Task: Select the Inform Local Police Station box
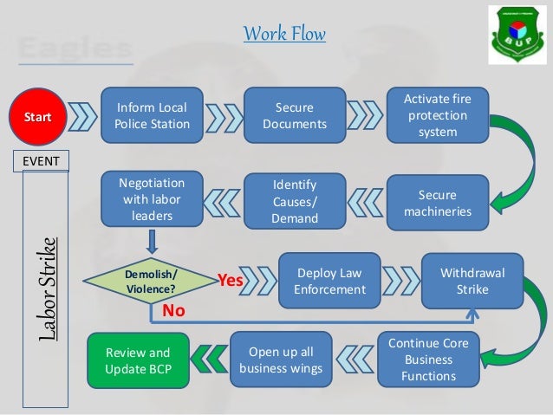pyautogui.click(x=152, y=116)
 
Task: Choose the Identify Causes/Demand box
pyautogui.click(x=295, y=202)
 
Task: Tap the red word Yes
pyautogui.click(x=230, y=280)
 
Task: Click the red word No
pyautogui.click(x=162, y=308)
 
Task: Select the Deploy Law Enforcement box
pyautogui.click(x=329, y=281)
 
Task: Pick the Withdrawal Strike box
pyautogui.click(x=472, y=281)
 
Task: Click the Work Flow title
pyautogui.click(x=284, y=36)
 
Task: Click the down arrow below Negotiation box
pyautogui.click(x=152, y=238)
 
